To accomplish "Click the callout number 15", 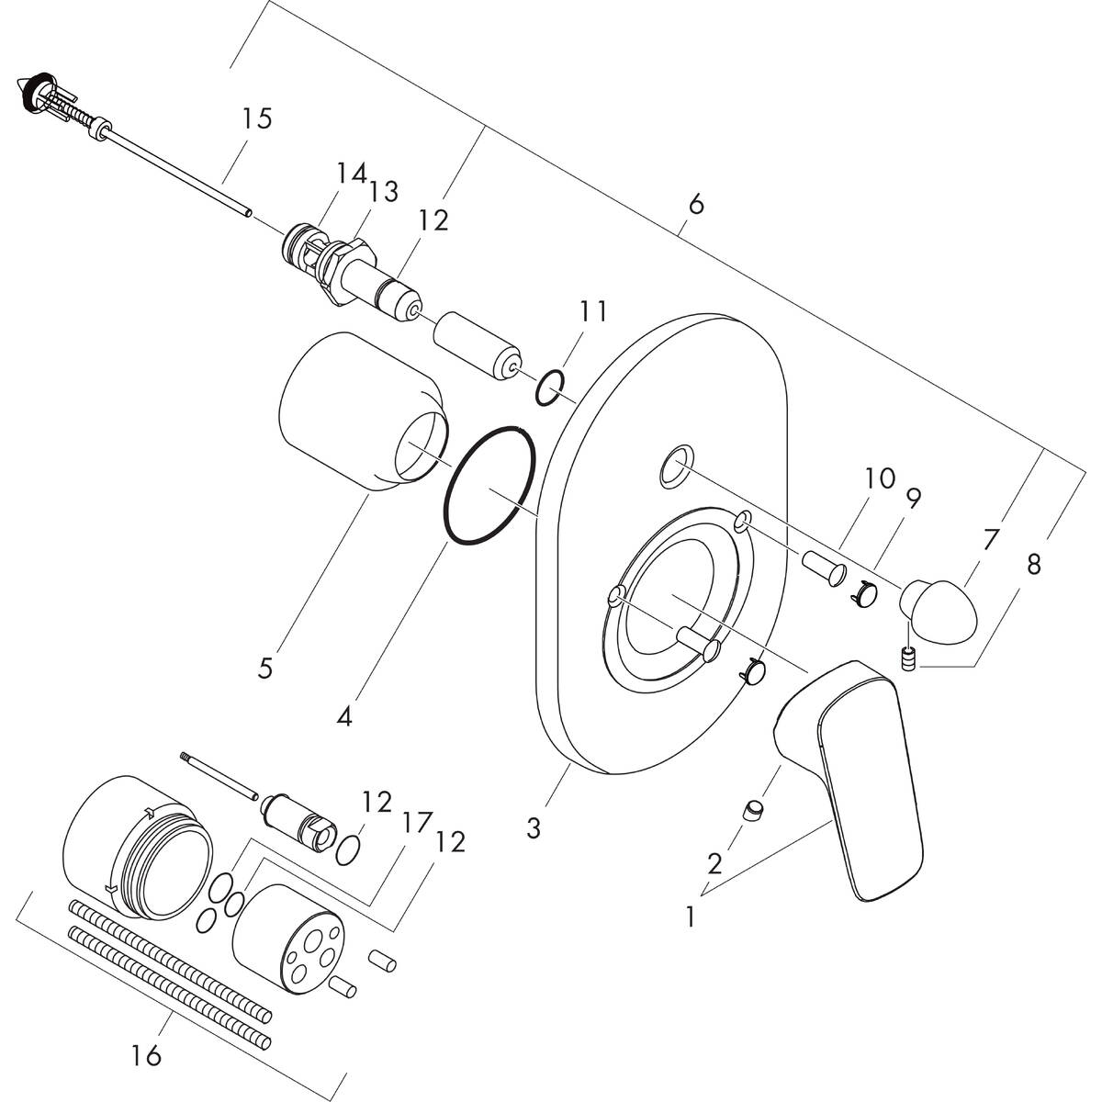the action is (257, 119).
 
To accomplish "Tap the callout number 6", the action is (695, 204).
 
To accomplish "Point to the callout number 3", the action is (533, 827).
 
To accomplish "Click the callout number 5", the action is (264, 668).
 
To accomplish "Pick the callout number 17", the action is (416, 823).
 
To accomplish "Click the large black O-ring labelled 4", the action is (489, 485).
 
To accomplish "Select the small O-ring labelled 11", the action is (551, 388).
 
